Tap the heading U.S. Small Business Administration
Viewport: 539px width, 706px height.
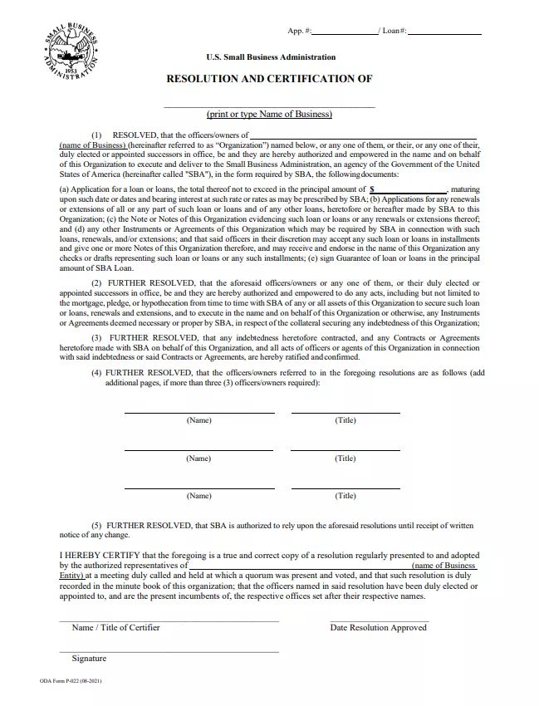271,57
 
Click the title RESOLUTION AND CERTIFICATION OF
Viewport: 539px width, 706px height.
270,79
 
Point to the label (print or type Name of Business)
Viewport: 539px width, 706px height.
269,114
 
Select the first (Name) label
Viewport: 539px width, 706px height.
198,420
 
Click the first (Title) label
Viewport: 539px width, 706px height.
345,420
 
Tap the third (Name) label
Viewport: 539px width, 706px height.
198,496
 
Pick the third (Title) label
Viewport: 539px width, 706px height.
345,496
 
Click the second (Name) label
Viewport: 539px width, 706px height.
198,458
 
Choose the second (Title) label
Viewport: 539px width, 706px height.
345,458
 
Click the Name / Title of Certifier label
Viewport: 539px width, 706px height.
115,627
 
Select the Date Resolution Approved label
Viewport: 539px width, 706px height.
378,627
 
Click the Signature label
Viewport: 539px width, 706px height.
89,659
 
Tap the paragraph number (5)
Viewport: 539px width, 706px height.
97,526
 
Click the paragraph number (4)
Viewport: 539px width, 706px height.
96,374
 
